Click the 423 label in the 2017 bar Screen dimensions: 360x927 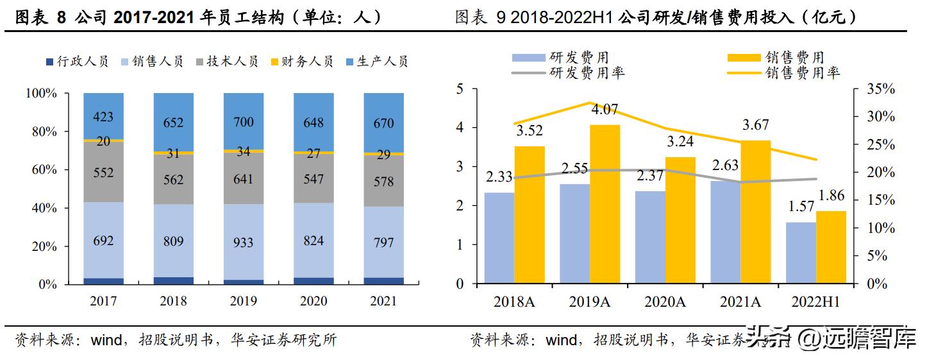[x=103, y=117]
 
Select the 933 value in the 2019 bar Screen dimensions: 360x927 [x=244, y=243]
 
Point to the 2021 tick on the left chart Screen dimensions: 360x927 [x=383, y=301]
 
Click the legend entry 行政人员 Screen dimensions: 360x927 [x=76, y=62]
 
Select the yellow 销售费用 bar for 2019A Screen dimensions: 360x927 [x=605, y=204]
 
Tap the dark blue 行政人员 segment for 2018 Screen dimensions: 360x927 [x=173, y=280]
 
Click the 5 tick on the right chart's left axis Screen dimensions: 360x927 [x=459, y=89]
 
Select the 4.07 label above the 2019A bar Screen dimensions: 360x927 [x=605, y=110]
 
